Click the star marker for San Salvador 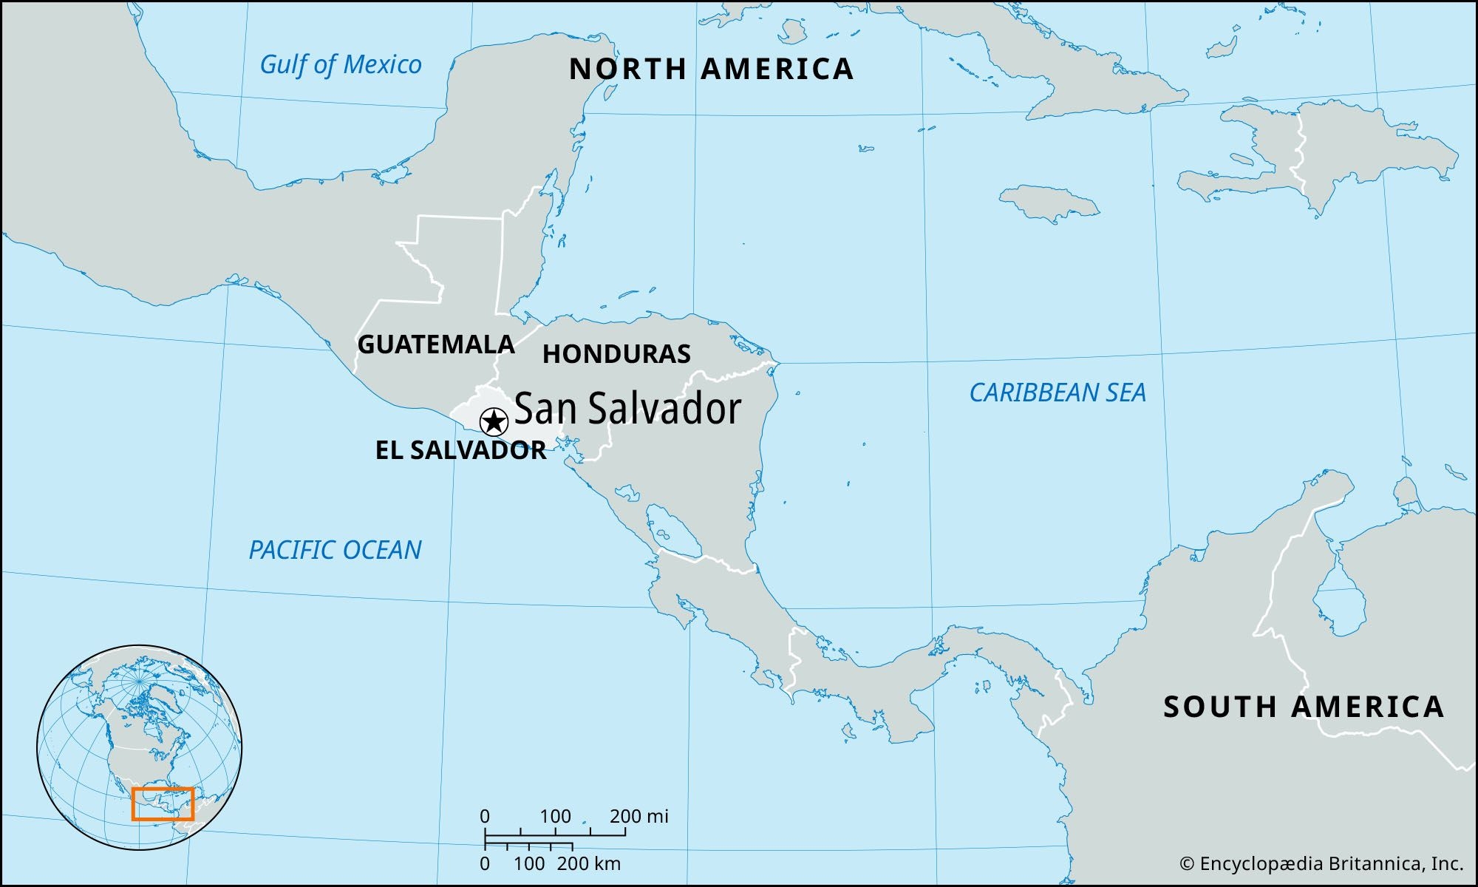point(494,423)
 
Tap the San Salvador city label point(627,408)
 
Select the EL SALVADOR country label point(460,450)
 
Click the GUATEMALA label point(436,344)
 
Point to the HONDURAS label point(616,354)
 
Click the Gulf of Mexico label point(341,65)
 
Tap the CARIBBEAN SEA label point(1058,392)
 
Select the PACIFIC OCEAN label point(335,550)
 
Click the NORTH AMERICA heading point(711,69)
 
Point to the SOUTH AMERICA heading point(1304,707)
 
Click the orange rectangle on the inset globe point(163,804)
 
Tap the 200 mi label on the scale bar point(638,816)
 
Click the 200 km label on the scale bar point(589,863)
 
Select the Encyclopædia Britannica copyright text point(1321,863)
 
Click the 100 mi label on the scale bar point(555,816)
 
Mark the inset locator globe point(140,747)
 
